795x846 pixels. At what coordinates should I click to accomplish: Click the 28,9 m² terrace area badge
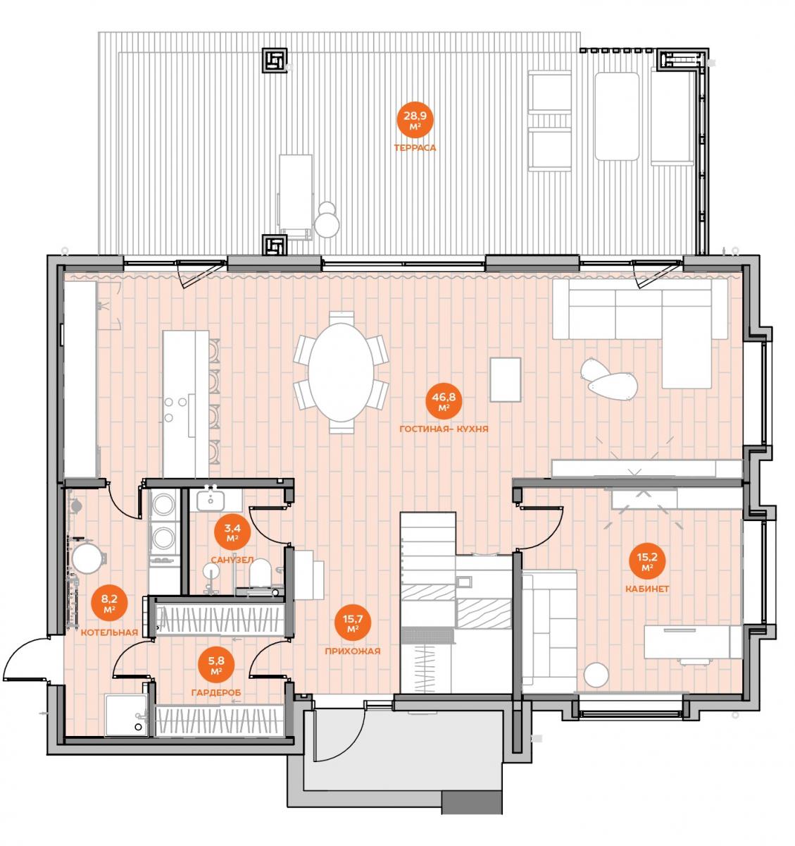coord(415,120)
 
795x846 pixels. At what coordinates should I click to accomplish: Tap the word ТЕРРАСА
coord(415,148)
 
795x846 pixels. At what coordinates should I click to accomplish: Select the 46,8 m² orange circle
coord(444,401)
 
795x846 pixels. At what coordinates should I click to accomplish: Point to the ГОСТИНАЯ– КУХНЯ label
coord(444,429)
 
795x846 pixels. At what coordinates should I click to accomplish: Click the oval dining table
coord(341,372)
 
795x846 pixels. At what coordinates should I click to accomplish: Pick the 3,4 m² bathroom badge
coord(232,532)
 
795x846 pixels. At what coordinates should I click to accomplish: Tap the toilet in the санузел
coord(260,573)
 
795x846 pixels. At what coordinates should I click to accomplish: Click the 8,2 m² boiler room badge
coord(109,603)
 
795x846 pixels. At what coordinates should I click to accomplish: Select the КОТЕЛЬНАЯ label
coord(109,632)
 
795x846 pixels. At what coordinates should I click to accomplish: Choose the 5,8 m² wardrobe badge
coord(216,666)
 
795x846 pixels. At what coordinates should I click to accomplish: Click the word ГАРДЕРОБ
coord(216,693)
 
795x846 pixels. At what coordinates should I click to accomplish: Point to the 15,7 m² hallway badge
coord(352,623)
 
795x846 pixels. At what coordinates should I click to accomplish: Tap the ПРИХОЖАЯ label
coord(352,651)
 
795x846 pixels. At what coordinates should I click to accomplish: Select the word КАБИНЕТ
coord(647,589)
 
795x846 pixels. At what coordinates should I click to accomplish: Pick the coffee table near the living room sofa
coord(505,379)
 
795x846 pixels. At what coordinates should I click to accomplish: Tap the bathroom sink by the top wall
coord(211,499)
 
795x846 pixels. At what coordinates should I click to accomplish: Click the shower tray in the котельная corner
coord(126,715)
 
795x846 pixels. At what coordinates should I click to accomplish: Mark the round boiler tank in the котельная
coord(87,558)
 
